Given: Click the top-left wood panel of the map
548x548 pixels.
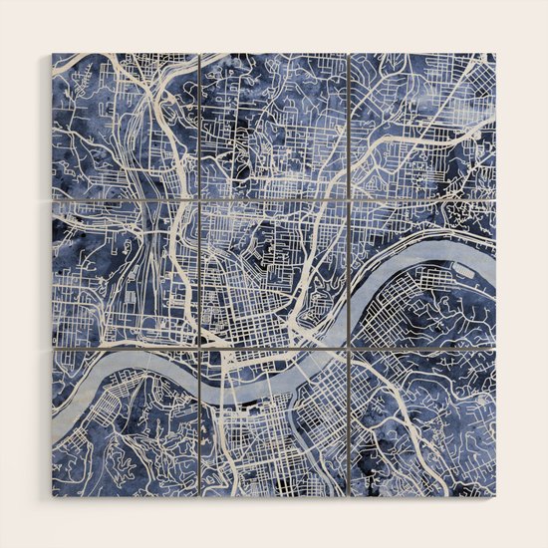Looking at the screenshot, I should pyautogui.click(x=125, y=125).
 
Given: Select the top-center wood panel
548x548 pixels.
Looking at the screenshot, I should pyautogui.click(x=274, y=125).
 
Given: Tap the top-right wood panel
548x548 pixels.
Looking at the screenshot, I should pyautogui.click(x=422, y=125).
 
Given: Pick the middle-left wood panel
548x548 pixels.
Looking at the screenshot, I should pyautogui.click(x=125, y=274).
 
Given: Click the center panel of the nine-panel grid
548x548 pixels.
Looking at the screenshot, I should pyautogui.click(x=274, y=274).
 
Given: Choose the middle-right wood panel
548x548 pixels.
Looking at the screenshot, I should pyautogui.click(x=422, y=274).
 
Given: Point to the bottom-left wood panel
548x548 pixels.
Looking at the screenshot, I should pyautogui.click(x=125, y=422).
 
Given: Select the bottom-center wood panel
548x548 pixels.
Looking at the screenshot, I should pyautogui.click(x=274, y=422).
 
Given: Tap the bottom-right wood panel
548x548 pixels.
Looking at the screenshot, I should pyautogui.click(x=422, y=422).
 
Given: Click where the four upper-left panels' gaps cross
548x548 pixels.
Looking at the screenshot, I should pyautogui.click(x=199, y=199).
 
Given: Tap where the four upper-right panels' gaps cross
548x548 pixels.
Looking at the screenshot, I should pyautogui.click(x=349, y=199).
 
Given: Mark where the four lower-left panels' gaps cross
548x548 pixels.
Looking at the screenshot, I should pyautogui.click(x=199, y=349).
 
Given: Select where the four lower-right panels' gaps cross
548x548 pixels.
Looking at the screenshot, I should pyautogui.click(x=349, y=349).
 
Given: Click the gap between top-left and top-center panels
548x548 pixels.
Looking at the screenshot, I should pyautogui.click(x=199, y=125).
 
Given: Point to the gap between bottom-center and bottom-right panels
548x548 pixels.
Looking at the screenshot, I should pyautogui.click(x=349, y=422).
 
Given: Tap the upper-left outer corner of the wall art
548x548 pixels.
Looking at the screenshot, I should pyautogui.click(x=52, y=53).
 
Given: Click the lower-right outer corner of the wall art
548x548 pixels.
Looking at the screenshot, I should pyautogui.click(x=495, y=495).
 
